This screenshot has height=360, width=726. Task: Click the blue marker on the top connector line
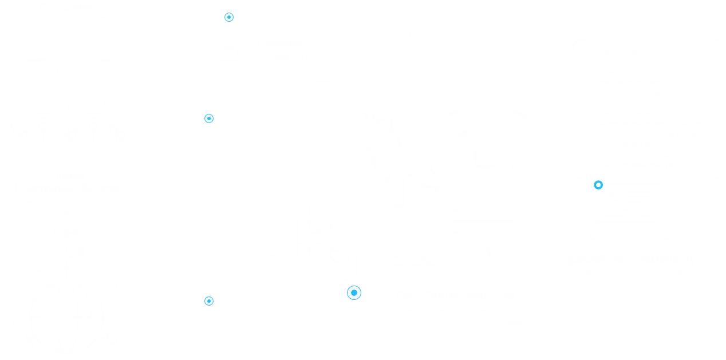coord(229,17)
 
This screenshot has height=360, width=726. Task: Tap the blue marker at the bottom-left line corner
coord(209,300)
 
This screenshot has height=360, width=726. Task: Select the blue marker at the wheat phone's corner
coord(354,292)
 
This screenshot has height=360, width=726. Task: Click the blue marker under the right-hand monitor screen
coord(598,185)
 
